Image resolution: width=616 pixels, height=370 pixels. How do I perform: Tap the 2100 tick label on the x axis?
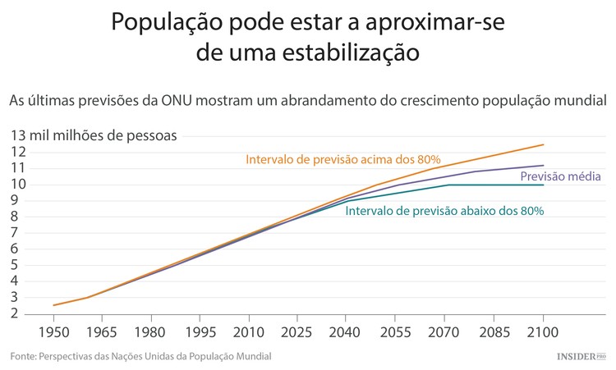click(543, 332)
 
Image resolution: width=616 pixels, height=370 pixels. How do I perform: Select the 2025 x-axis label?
click(297, 332)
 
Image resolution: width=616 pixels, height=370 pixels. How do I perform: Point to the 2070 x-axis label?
click(444, 332)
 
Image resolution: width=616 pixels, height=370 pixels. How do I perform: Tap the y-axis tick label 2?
click(16, 313)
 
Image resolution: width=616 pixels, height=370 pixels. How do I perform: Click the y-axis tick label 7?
click(16, 232)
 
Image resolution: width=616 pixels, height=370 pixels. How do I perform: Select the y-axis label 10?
click(19, 184)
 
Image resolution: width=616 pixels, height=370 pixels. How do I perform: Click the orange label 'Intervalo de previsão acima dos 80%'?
click(343, 159)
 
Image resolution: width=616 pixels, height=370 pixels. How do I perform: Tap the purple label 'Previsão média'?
click(561, 176)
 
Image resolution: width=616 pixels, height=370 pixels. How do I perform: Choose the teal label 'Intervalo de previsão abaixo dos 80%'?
click(444, 211)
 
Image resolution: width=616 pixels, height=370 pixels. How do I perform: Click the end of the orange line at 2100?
click(543, 145)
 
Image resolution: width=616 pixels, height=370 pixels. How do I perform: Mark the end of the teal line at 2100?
click(543, 185)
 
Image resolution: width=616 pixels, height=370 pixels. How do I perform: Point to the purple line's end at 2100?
click(543, 166)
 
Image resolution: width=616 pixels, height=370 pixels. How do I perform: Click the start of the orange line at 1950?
click(54, 305)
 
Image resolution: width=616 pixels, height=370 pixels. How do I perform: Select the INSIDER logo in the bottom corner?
click(580, 357)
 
